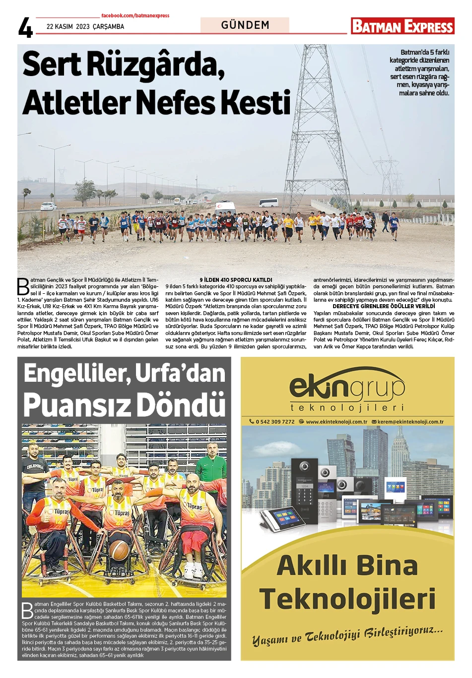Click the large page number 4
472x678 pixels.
point(25,28)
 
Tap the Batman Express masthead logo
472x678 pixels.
point(402,26)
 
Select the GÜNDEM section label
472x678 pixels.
point(245,25)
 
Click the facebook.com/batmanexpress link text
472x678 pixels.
point(135,16)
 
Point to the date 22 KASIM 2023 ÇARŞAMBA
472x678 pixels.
point(85,26)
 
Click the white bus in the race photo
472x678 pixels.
point(269,202)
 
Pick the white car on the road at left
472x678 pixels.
point(49,206)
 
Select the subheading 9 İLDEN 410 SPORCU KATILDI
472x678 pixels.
point(236,280)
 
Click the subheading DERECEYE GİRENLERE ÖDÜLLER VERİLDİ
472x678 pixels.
point(384,306)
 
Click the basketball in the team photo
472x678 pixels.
point(119,550)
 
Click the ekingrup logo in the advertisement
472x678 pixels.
point(347,388)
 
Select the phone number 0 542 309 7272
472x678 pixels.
point(274,422)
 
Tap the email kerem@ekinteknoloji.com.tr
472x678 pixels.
point(410,422)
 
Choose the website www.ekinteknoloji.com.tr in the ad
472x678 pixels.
point(336,422)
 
